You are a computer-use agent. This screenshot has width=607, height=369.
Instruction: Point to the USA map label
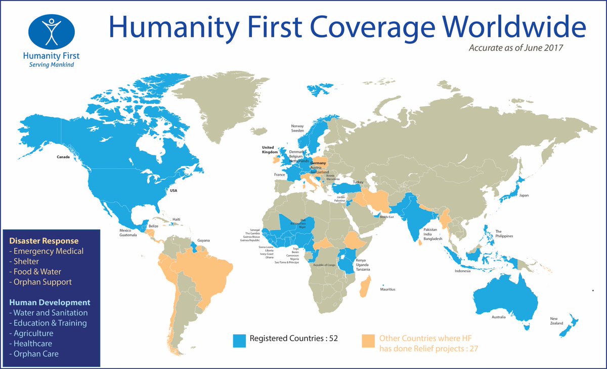click(x=174, y=191)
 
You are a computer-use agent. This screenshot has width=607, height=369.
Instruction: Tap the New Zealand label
click(x=557, y=321)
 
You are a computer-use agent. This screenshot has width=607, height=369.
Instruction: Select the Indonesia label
click(x=462, y=271)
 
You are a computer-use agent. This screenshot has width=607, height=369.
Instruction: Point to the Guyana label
click(x=203, y=240)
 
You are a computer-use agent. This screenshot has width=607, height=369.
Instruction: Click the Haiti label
click(x=177, y=219)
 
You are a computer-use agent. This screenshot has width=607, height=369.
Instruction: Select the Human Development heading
click(x=50, y=302)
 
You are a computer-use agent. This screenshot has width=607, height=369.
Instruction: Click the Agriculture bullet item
click(x=33, y=333)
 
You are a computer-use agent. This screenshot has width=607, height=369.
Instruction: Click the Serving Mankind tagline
click(x=51, y=65)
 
